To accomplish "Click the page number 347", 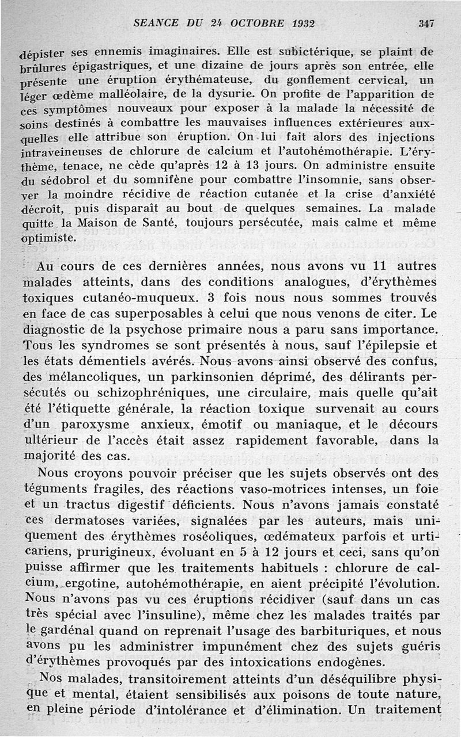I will [426, 24].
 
